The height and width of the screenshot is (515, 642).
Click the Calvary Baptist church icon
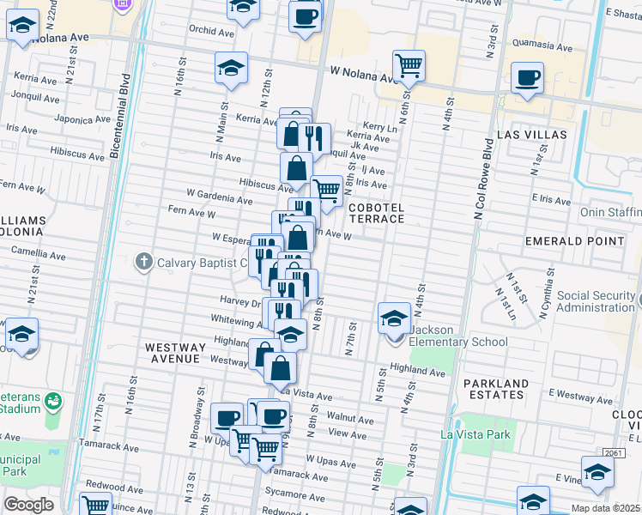coord(143,261)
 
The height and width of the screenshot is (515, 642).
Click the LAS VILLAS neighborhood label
coord(531,136)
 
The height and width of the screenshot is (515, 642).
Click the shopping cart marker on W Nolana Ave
coord(409,65)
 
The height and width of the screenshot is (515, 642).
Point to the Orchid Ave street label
coord(211,33)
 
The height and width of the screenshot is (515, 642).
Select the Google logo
coord(27,505)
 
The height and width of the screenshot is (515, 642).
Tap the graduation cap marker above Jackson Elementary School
coord(394,318)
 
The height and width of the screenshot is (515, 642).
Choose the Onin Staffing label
coord(611,212)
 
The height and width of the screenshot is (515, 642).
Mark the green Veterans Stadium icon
coord(52,400)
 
